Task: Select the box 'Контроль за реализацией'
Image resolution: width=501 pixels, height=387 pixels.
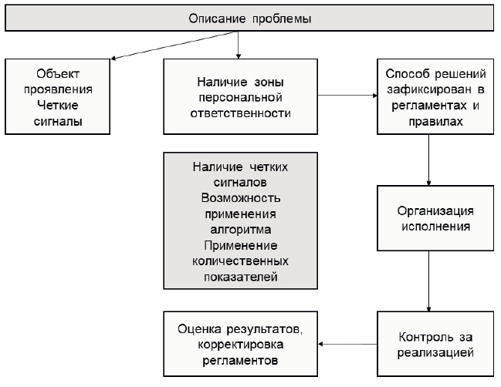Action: click(435, 344)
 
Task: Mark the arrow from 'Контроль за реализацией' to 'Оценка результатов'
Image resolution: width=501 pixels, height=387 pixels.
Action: click(347, 343)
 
